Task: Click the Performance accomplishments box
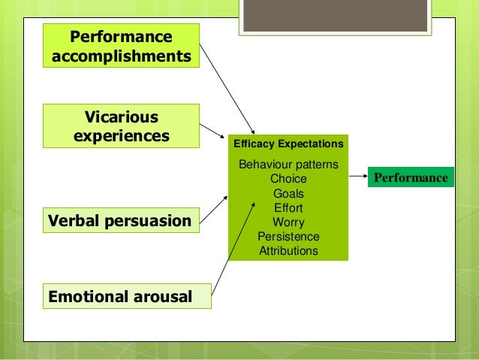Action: click(x=121, y=46)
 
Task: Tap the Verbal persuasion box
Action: click(x=119, y=221)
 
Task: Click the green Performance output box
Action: click(x=410, y=178)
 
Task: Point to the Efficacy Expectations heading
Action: click(x=288, y=143)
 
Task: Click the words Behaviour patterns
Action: click(x=288, y=165)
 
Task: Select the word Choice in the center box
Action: click(x=288, y=179)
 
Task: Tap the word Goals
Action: click(x=288, y=193)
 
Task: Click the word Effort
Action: click(x=288, y=207)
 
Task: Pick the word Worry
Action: click(x=288, y=222)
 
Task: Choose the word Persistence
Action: click(x=288, y=237)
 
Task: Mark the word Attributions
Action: click(x=288, y=251)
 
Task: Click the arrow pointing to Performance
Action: click(x=357, y=178)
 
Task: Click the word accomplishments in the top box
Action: click(x=121, y=56)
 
